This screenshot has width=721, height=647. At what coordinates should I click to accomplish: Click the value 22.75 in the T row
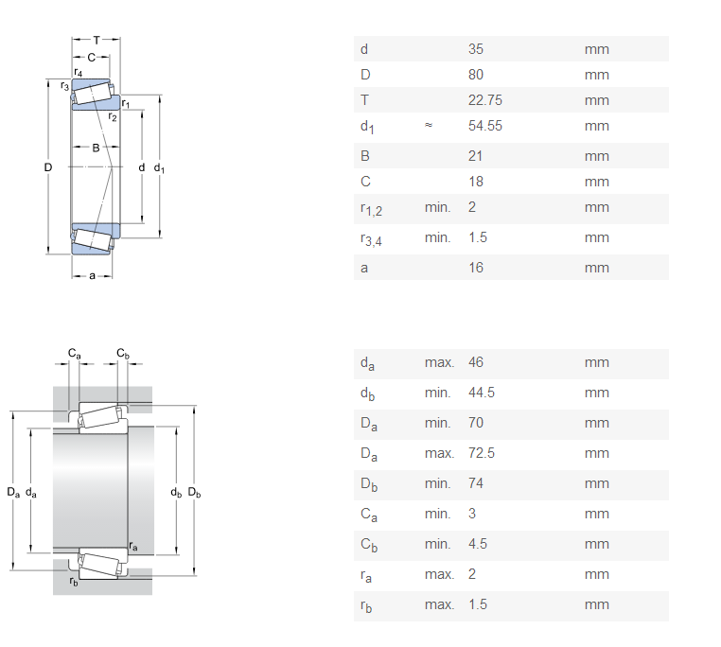pyautogui.click(x=485, y=100)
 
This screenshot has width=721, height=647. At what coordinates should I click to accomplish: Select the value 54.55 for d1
pyautogui.click(x=485, y=126)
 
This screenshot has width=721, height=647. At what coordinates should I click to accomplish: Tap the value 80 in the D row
pyautogui.click(x=476, y=75)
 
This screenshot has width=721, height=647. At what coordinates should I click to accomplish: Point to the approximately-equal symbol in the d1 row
pyautogui.click(x=429, y=125)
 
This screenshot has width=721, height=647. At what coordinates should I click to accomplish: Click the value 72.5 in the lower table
pyautogui.click(x=482, y=453)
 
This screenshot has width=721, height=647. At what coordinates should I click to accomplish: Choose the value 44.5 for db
pyautogui.click(x=482, y=393)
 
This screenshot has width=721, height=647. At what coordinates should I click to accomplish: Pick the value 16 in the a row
pyautogui.click(x=476, y=268)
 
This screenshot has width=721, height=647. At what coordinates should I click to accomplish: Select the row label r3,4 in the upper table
pyautogui.click(x=371, y=239)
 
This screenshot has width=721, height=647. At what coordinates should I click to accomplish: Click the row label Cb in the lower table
pyautogui.click(x=369, y=546)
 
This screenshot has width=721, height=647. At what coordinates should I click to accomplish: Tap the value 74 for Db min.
pyautogui.click(x=476, y=483)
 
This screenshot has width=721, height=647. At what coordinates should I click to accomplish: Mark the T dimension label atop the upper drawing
pyautogui.click(x=97, y=41)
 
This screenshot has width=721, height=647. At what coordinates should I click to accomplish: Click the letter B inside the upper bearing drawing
pyautogui.click(x=96, y=148)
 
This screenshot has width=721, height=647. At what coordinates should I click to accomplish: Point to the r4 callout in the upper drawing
pyautogui.click(x=79, y=72)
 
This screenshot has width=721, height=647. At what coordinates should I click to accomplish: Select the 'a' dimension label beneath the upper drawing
pyautogui.click(x=92, y=276)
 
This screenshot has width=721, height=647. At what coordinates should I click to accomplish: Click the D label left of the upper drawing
pyautogui.click(x=48, y=167)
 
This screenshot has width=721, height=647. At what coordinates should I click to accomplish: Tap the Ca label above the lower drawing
pyautogui.click(x=75, y=353)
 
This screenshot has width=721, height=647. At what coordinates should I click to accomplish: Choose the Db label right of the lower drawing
pyautogui.click(x=195, y=493)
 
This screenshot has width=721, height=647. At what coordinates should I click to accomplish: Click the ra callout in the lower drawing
pyautogui.click(x=133, y=546)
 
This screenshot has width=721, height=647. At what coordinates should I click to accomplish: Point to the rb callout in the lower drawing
pyautogui.click(x=74, y=582)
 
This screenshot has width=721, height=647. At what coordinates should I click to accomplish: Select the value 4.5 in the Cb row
pyautogui.click(x=478, y=545)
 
